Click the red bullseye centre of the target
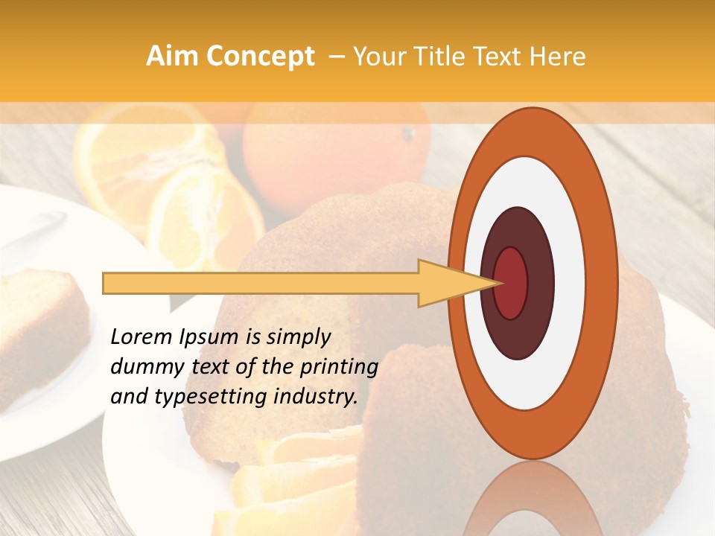pos(511,283)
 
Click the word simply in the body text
pos(298,337)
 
